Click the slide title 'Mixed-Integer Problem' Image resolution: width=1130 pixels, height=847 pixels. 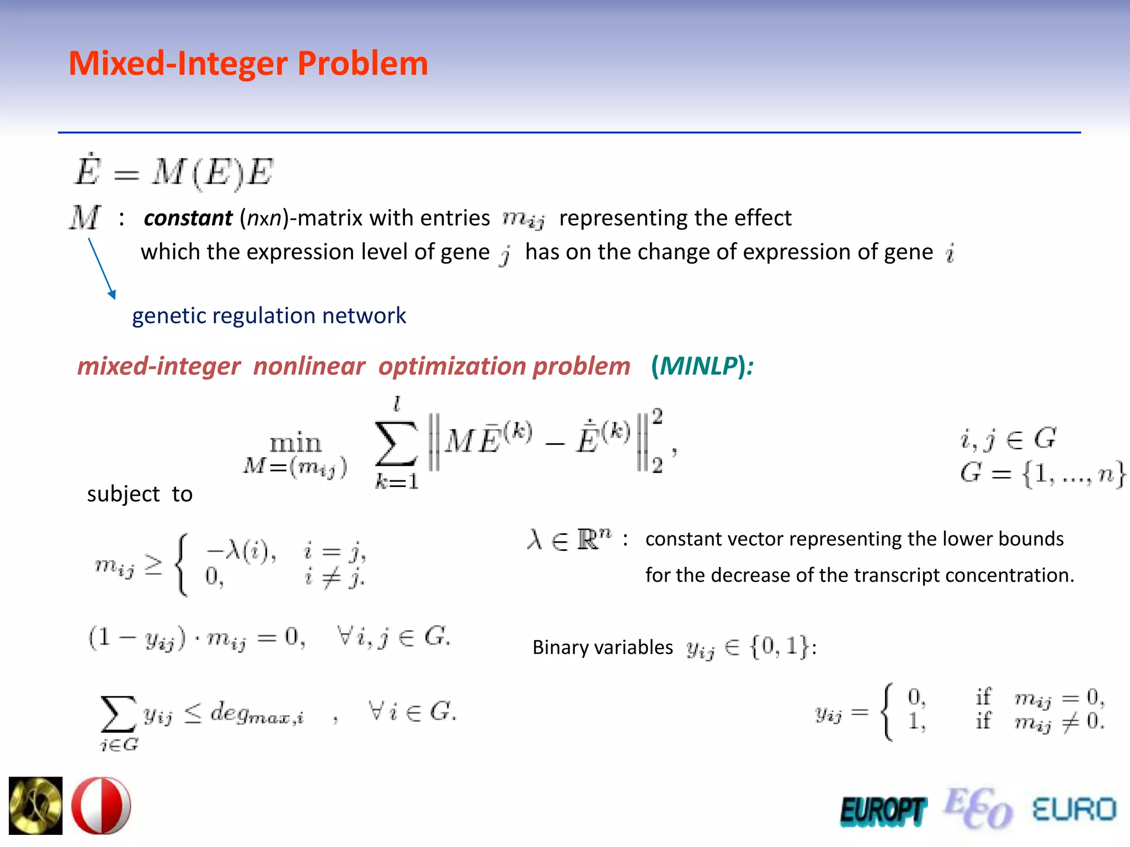(248, 63)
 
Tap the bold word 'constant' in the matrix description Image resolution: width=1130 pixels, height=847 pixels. (188, 218)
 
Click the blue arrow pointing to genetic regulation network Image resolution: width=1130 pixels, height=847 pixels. (102, 268)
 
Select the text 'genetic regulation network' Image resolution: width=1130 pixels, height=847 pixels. (269, 316)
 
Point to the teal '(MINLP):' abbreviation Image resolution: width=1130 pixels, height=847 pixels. (702, 366)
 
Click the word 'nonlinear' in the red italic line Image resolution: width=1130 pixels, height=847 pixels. (309, 367)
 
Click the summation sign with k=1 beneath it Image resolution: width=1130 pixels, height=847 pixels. (396, 444)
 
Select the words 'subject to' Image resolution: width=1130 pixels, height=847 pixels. (140, 494)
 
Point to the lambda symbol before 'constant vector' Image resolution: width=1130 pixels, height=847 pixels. (535, 539)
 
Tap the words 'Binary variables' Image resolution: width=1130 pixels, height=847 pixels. (603, 647)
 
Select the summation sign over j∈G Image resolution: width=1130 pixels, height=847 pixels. (118, 715)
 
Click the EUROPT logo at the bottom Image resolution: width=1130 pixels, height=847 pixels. (883, 811)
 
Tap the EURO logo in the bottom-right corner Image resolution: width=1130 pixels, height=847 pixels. (1074, 810)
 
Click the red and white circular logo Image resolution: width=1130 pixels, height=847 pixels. (101, 806)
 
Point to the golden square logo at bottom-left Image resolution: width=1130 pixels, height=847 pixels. (36, 806)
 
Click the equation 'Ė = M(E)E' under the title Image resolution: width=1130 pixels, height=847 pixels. (174, 171)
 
